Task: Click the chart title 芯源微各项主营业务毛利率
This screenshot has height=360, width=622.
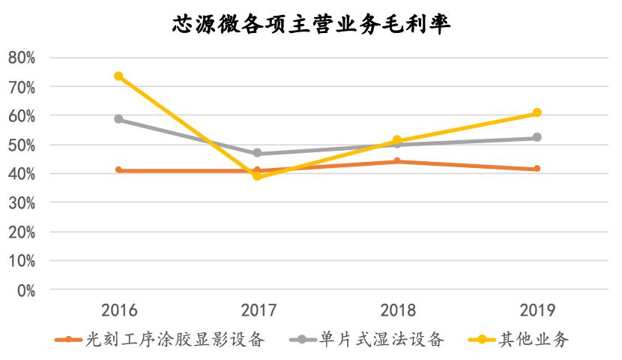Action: pos(311,25)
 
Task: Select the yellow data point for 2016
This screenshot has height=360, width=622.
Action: pos(118,76)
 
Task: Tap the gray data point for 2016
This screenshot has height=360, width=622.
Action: pos(118,119)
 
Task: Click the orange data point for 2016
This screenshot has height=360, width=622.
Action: pos(118,170)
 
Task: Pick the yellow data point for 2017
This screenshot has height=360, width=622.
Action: pos(258,176)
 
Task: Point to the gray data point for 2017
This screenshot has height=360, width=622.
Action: pos(258,153)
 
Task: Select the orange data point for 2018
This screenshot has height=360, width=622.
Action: pos(397,161)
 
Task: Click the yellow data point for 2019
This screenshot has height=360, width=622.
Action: pos(537,113)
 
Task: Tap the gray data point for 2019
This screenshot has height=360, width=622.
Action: pos(537,137)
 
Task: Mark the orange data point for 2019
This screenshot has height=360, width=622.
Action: pos(537,169)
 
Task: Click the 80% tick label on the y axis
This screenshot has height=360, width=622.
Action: pos(22,58)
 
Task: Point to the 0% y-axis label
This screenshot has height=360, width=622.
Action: pos(25,290)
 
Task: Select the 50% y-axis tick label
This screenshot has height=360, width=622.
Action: pos(22,145)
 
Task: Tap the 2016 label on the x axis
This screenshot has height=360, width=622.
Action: pos(118,310)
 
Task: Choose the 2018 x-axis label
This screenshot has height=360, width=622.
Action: pos(397,310)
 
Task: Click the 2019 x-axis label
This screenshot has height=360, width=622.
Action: pos(537,310)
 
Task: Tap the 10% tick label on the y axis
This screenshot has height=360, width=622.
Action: pos(22,261)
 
